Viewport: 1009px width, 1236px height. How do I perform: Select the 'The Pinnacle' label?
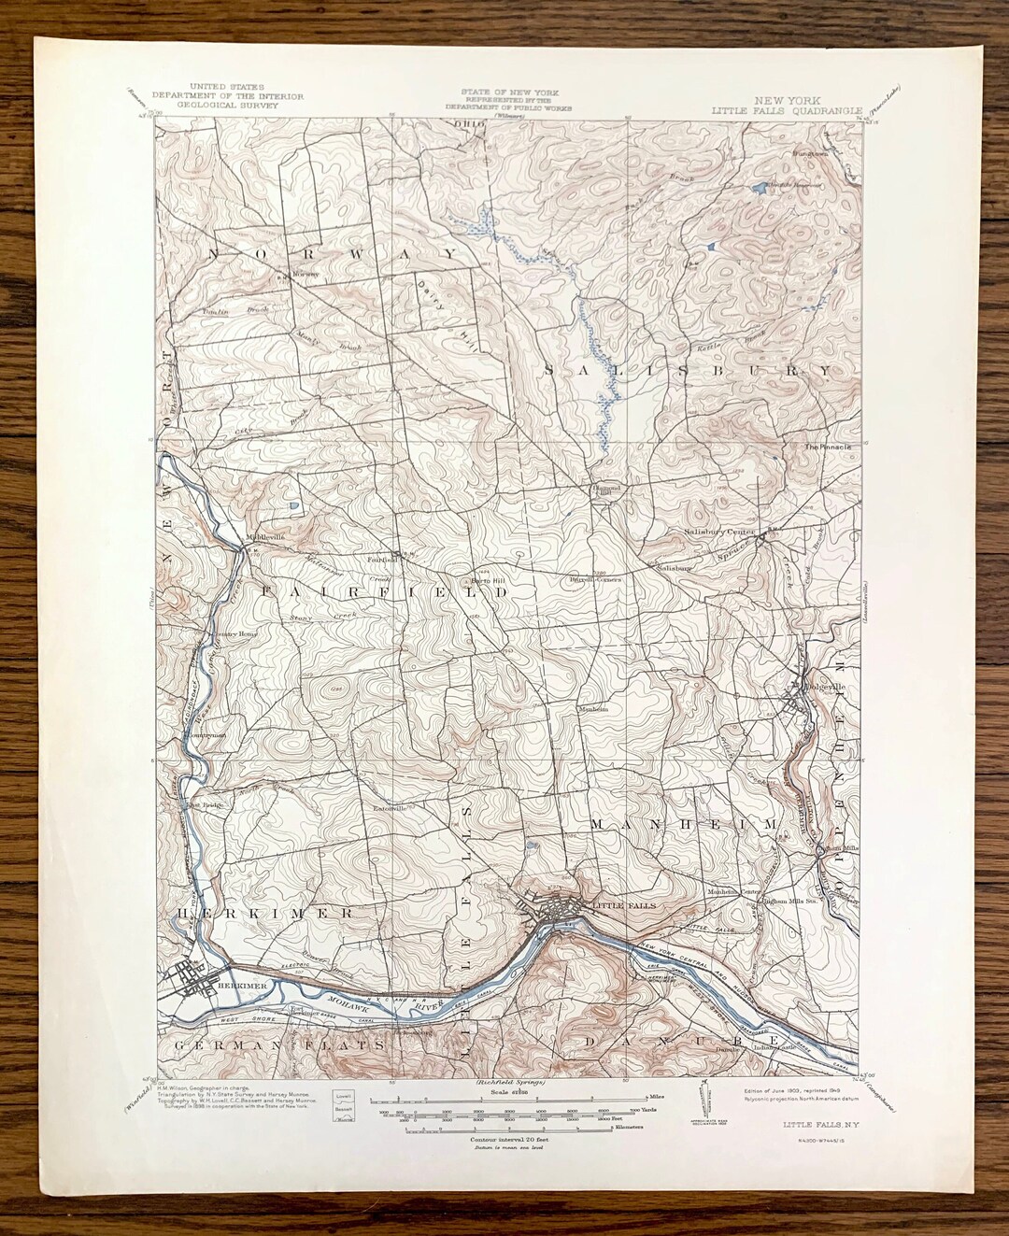(x=828, y=447)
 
